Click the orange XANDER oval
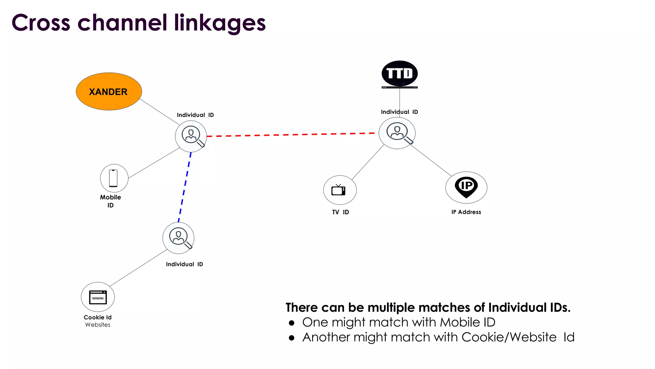tap(109, 92)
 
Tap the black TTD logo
tap(399, 74)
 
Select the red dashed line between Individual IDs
tap(291, 135)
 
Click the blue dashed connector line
tap(185, 187)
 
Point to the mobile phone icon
tap(114, 178)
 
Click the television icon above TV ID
tap(339, 190)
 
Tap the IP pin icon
tap(466, 187)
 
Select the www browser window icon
tap(98, 297)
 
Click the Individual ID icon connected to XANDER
tap(191, 136)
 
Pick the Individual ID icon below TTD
tap(397, 133)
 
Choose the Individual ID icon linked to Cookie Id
tap(179, 238)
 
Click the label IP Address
tap(466, 212)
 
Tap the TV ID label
tap(340, 212)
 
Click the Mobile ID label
tap(110, 201)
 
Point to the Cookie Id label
tap(98, 317)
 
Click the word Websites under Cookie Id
tap(98, 325)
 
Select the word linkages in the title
tap(220, 23)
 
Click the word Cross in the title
tap(41, 23)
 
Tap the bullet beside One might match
tap(291, 323)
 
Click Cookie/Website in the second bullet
tap(509, 337)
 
